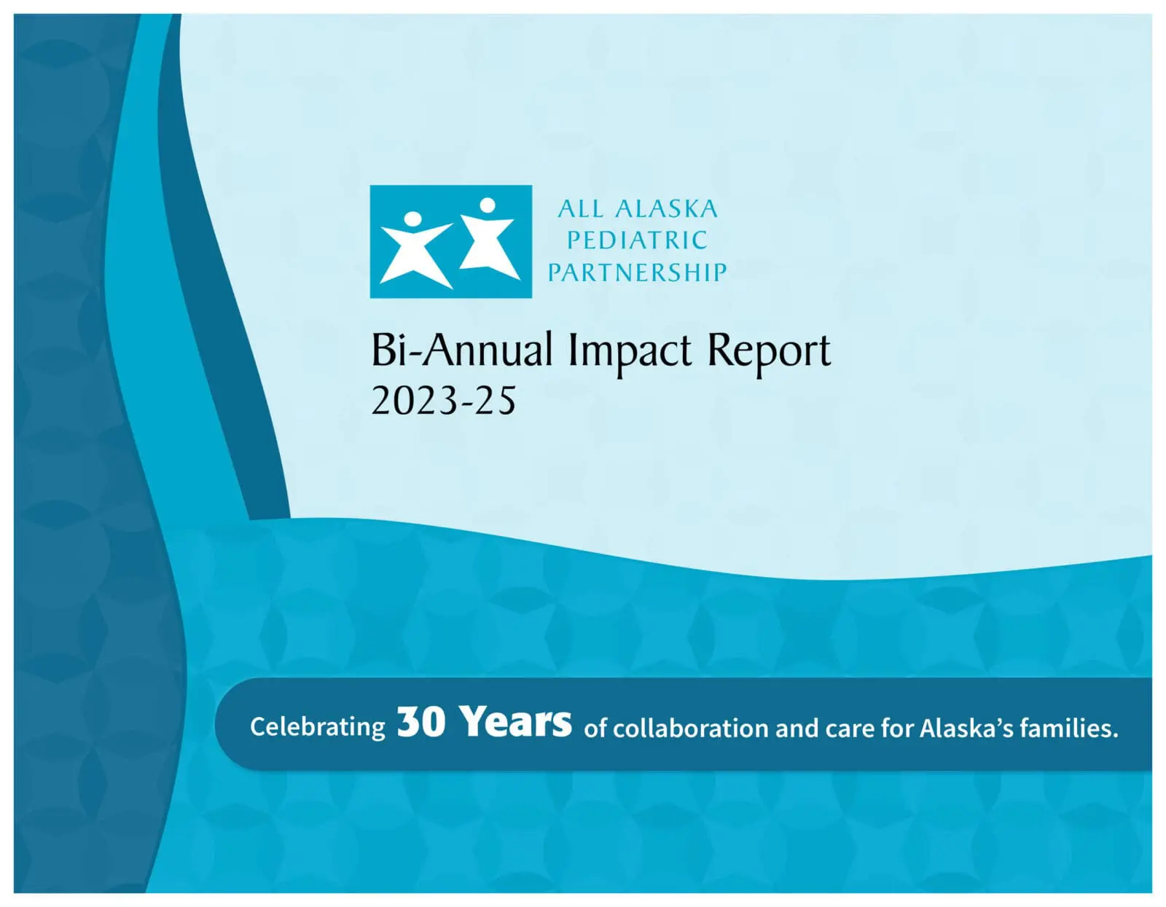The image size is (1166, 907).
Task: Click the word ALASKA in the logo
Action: click(x=666, y=209)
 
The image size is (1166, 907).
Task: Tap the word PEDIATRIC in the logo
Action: click(x=638, y=240)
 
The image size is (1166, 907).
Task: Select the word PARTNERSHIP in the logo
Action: click(x=638, y=272)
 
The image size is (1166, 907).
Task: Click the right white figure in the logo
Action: click(x=489, y=244)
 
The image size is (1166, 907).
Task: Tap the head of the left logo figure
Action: click(x=412, y=219)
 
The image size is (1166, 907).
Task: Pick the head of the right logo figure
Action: click(x=488, y=205)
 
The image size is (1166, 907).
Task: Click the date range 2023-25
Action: click(x=443, y=401)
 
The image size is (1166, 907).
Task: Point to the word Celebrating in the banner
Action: click(x=318, y=728)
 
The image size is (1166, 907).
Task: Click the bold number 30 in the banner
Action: click(x=420, y=723)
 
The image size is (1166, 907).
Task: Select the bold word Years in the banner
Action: click(x=517, y=723)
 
